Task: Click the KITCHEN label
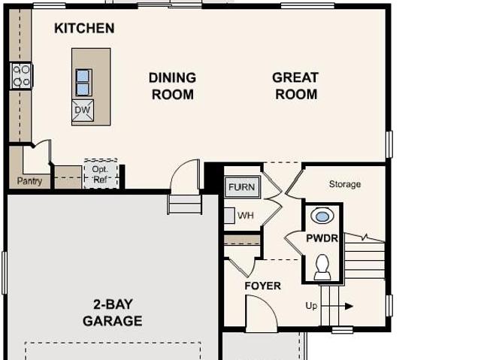click(x=84, y=29)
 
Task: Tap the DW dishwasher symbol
click(x=83, y=110)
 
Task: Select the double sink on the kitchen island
click(x=83, y=83)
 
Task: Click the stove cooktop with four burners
click(x=22, y=76)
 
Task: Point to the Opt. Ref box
click(x=101, y=174)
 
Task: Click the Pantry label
click(x=29, y=181)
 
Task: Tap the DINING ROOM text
click(x=172, y=86)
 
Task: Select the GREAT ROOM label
click(x=295, y=86)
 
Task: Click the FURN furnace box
click(x=242, y=187)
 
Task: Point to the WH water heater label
click(x=246, y=215)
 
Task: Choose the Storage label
click(x=345, y=184)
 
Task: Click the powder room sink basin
click(x=322, y=216)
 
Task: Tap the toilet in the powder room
click(x=322, y=267)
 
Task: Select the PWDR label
click(x=322, y=238)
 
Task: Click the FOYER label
click(x=262, y=286)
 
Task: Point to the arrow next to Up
click(x=337, y=306)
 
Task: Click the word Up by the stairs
click(x=311, y=306)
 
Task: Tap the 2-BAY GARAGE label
click(x=113, y=313)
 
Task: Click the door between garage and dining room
click(x=185, y=175)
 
